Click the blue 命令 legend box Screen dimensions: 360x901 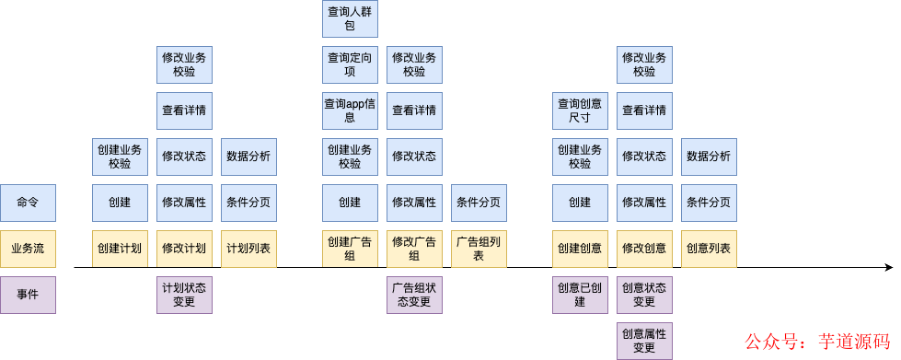[28, 203]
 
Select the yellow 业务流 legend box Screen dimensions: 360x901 [28, 249]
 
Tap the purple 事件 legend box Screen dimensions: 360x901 [28, 295]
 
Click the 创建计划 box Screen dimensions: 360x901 [120, 249]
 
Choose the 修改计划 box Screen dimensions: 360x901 [184, 249]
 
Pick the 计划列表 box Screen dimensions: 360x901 [248, 249]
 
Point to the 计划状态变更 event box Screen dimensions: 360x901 [184, 295]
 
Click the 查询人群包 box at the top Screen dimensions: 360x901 [350, 18]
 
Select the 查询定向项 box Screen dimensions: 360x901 [350, 64]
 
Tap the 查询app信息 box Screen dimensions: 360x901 [350, 110]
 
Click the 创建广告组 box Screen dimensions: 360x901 [350, 249]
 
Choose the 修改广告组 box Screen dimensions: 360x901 [414, 249]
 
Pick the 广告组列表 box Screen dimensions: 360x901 [479, 249]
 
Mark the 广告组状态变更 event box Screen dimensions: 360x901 [414, 295]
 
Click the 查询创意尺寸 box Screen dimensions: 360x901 [580, 110]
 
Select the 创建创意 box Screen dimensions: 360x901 [580, 249]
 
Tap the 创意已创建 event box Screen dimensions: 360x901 [580, 295]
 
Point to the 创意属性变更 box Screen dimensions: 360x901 [644, 341]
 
